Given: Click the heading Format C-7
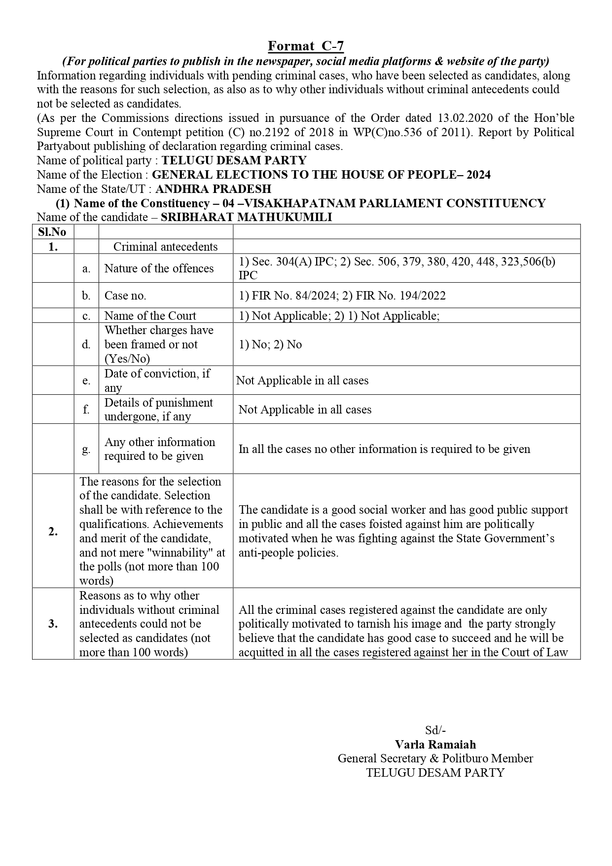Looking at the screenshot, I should [306, 46].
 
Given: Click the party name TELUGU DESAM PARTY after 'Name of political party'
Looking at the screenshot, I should [234, 160].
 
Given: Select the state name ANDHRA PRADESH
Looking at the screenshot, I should [213, 189].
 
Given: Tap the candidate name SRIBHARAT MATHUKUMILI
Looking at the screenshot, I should [246, 218].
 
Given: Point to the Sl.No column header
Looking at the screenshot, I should [52, 232].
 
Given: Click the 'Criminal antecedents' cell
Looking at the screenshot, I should [165, 247].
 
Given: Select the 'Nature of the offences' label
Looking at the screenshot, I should [159, 268].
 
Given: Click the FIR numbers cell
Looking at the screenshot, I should [342, 296].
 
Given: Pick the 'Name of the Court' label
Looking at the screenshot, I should [150, 316].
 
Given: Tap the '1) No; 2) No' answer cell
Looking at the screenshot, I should [270, 344].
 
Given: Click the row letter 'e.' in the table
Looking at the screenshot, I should [86, 380].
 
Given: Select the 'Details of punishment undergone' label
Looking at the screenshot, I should [158, 410].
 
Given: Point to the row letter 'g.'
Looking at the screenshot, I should [86, 450].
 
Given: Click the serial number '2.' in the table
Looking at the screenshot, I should [53, 531].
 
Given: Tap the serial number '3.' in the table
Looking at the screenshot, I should [53, 624].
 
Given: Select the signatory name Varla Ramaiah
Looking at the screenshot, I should [435, 745].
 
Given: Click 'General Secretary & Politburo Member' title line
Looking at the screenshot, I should [435, 758].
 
